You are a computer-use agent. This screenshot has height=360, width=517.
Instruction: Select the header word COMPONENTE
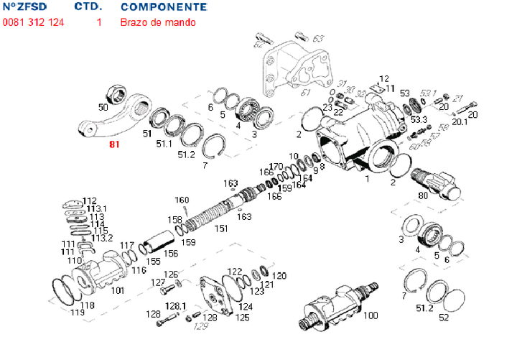tap(164, 7)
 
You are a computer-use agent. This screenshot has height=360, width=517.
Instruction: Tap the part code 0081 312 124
tap(33, 22)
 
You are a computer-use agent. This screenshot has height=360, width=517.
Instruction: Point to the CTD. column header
tap(88, 7)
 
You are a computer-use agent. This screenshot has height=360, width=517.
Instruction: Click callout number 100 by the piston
tap(371, 315)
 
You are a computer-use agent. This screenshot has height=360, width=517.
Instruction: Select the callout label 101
tap(118, 291)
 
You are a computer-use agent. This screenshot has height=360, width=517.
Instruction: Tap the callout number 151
tap(221, 229)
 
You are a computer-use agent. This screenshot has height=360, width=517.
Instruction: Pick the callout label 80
tap(422, 195)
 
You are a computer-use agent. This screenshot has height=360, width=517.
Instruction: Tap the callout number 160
tap(182, 200)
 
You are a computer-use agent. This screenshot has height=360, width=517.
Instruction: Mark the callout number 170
tap(276, 166)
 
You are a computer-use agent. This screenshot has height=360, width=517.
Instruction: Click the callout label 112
tap(89, 200)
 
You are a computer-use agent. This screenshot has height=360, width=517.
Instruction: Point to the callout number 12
tap(384, 78)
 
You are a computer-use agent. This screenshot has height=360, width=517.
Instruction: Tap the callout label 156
tap(170, 253)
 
